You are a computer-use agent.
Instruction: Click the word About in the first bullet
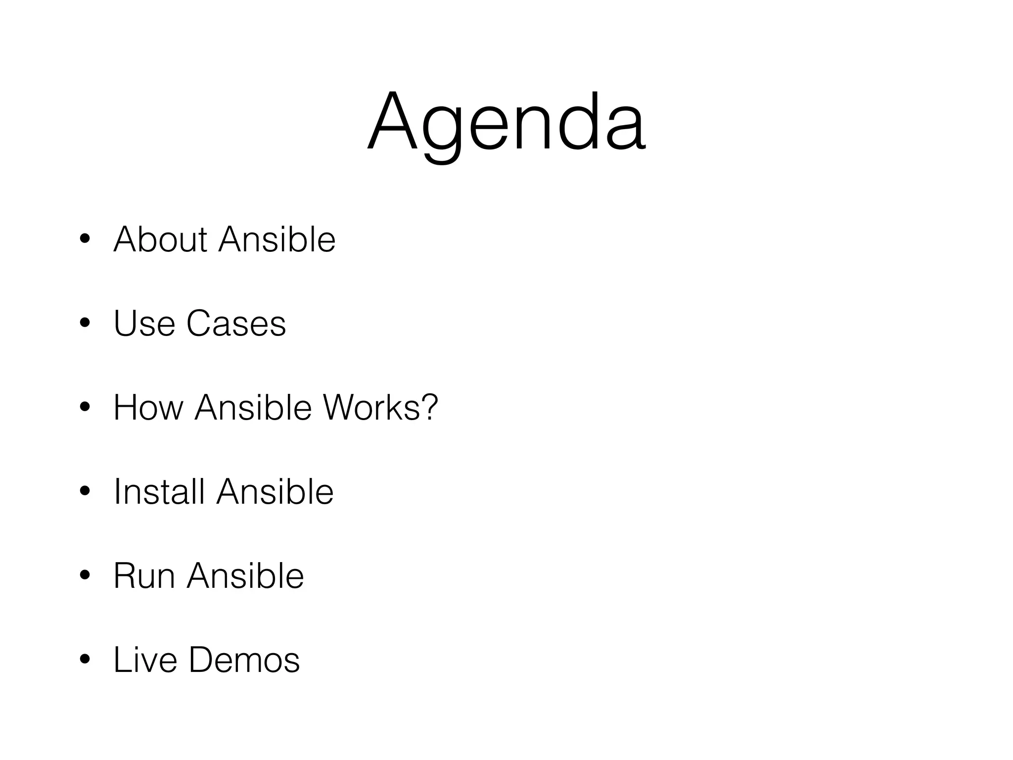coord(160,239)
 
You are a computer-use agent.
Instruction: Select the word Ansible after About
coord(277,239)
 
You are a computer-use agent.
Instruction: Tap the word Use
coord(144,324)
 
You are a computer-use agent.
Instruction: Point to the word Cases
coord(236,324)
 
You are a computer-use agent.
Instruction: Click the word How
coord(148,408)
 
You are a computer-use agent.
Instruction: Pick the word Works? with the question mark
coord(380,408)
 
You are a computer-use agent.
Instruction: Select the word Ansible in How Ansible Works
coord(253,408)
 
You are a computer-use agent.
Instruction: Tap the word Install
coord(159,492)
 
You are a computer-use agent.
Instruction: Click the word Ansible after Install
coord(275,492)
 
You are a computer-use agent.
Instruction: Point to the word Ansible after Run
coord(245,576)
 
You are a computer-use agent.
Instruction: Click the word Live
coord(145,660)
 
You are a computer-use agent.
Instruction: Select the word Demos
coord(244,660)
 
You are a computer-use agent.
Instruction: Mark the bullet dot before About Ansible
coord(85,240)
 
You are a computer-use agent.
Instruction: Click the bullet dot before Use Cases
coord(85,324)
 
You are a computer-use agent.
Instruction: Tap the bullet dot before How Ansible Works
coord(85,408)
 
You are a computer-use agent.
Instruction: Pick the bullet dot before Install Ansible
coord(85,492)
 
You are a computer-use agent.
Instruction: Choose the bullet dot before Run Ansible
coord(85,576)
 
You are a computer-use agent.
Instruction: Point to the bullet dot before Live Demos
coord(85,661)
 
